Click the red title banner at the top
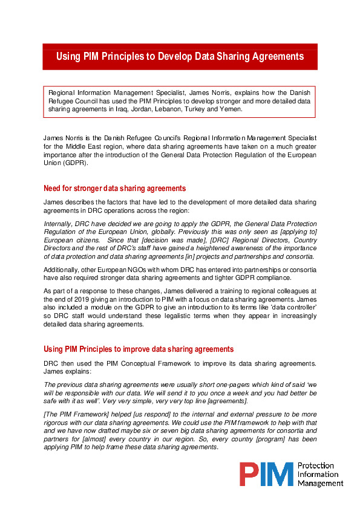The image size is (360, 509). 180,56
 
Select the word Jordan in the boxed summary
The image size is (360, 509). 139,109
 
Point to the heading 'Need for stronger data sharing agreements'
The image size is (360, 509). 115,188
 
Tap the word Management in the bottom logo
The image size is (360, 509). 320,483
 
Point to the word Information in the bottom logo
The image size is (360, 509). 318,474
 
